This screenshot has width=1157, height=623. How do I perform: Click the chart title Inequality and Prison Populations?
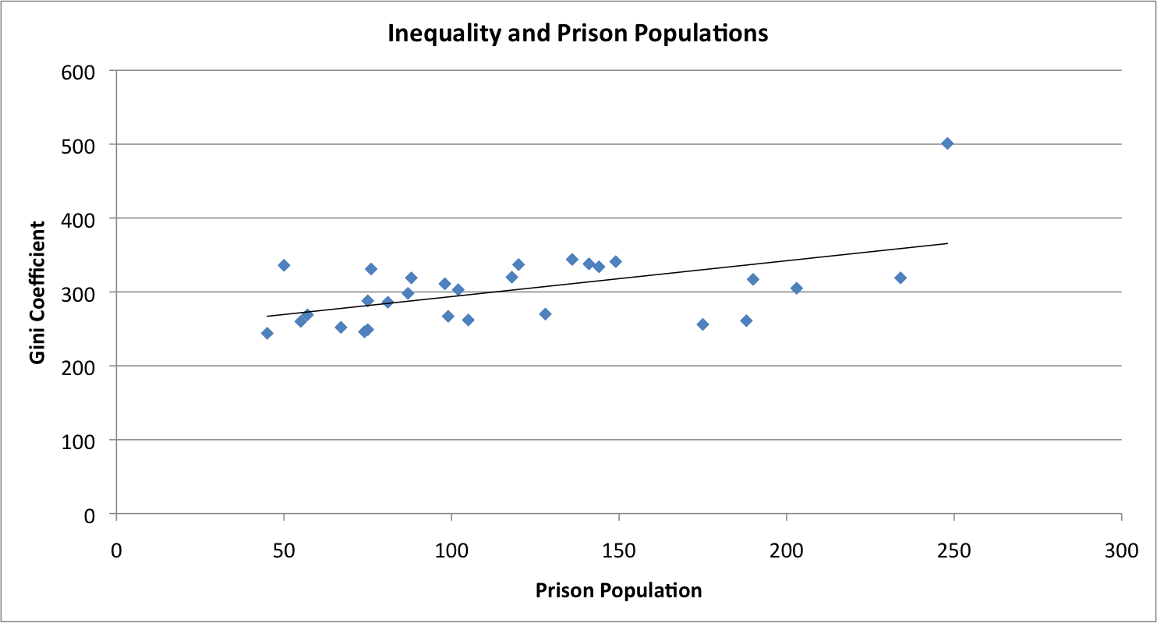(x=578, y=34)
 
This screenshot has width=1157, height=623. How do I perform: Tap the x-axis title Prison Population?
(x=618, y=590)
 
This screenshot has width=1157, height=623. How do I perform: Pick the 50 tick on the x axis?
(x=284, y=550)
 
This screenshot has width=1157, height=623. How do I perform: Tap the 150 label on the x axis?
(x=618, y=550)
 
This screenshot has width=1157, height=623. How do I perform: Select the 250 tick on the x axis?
(x=954, y=550)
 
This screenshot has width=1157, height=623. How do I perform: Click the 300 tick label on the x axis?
(x=1121, y=550)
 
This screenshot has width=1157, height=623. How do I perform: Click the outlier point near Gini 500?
(x=947, y=143)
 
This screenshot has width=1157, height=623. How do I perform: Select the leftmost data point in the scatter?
(x=267, y=333)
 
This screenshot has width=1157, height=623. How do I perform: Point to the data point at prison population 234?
(x=900, y=278)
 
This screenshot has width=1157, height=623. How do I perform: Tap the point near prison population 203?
(x=796, y=288)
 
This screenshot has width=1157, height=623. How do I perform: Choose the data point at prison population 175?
(x=702, y=324)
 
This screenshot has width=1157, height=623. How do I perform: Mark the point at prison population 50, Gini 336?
(x=284, y=265)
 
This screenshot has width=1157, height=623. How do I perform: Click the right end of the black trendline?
(x=947, y=243)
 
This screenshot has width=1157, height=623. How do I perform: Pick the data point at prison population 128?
(x=545, y=314)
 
